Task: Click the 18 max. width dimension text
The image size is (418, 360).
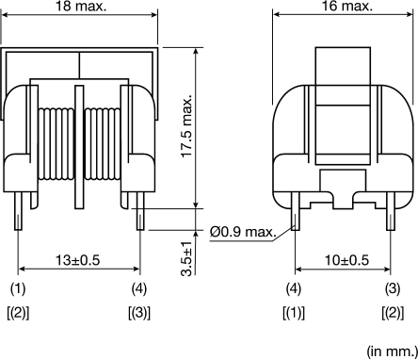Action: [80, 8]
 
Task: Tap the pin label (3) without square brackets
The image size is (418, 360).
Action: [389, 286]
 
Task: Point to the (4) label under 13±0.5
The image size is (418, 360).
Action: [138, 286]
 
